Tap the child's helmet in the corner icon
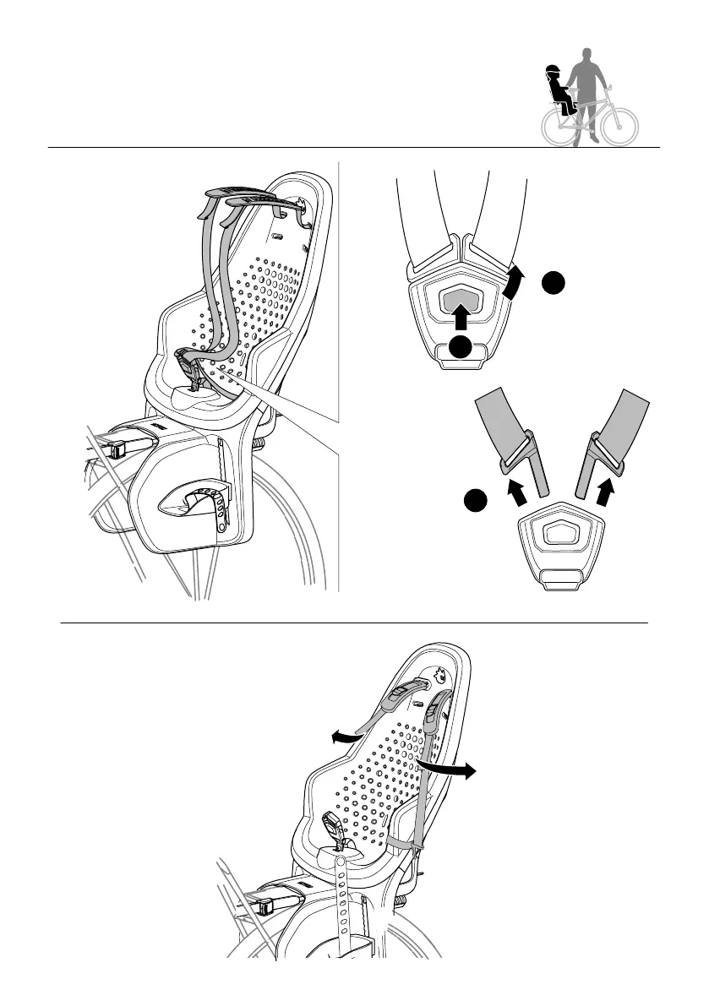pos(554,71)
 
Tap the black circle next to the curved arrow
pos(553,284)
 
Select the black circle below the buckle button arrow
pos(459,347)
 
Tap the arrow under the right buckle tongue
pos(605,493)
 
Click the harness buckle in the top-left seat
pos(190,368)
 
